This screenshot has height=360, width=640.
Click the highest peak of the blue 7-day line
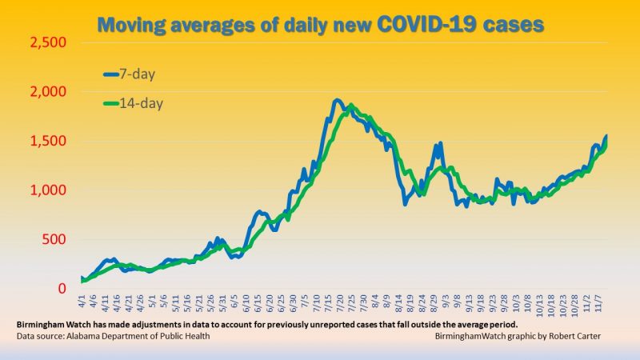click(x=337, y=101)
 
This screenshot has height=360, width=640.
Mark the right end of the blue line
click(x=606, y=136)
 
